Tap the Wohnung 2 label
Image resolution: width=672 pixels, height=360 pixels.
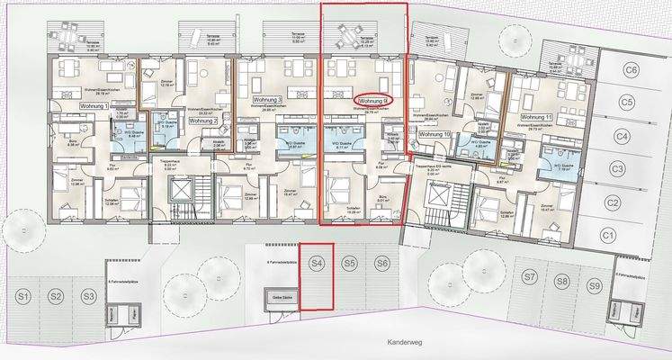(203, 120)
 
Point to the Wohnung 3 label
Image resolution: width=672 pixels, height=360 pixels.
(267, 99)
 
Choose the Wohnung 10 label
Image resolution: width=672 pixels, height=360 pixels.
(434, 133)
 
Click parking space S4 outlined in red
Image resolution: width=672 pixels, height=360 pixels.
(317, 264)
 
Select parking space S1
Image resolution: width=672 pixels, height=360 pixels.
(24, 296)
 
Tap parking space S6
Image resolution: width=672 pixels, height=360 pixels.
(382, 264)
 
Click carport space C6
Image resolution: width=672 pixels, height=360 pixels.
(632, 70)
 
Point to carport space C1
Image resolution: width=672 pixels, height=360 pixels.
(607, 235)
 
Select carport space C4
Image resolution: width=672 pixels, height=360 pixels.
(622, 137)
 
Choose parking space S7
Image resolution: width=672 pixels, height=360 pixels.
(530, 275)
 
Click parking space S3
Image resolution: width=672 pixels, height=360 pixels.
(88, 296)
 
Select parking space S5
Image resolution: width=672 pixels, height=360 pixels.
(350, 264)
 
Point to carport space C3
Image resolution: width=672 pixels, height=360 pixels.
(616, 169)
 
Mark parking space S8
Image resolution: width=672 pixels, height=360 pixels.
(562, 281)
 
